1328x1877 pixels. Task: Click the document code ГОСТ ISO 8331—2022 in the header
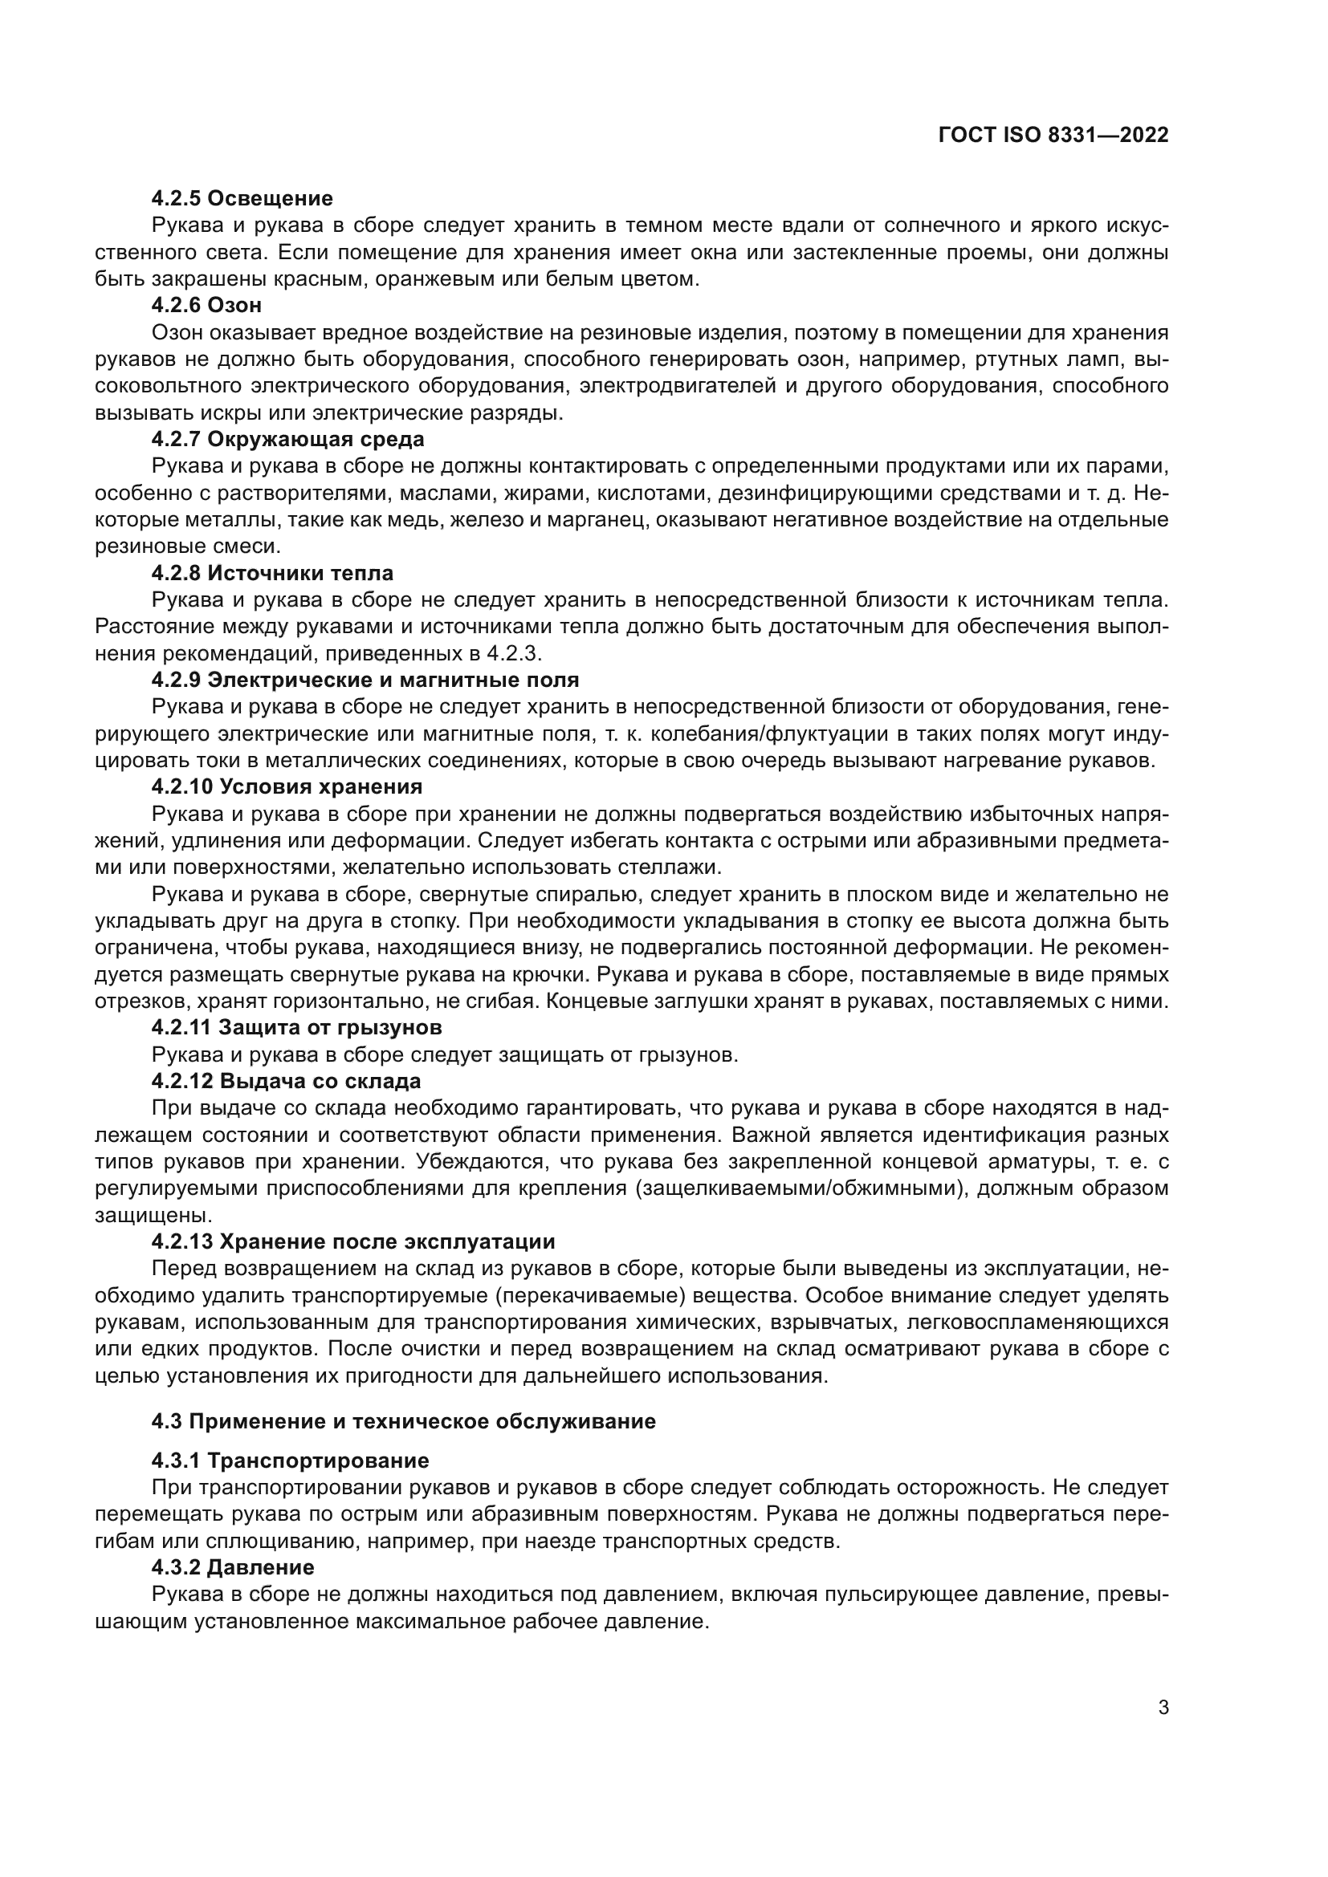[1053, 136]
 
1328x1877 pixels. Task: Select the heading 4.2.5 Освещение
[242, 198]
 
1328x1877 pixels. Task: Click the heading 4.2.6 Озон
[206, 306]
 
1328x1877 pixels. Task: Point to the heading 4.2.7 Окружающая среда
[288, 440]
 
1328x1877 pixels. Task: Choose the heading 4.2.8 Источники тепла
[272, 573]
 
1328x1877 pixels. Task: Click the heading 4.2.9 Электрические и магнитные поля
[365, 681]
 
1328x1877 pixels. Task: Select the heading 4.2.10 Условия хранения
[286, 787]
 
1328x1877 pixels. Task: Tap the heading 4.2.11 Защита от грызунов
[296, 1027]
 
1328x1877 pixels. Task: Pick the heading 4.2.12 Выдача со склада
[286, 1081]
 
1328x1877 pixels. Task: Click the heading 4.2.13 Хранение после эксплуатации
[353, 1241]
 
